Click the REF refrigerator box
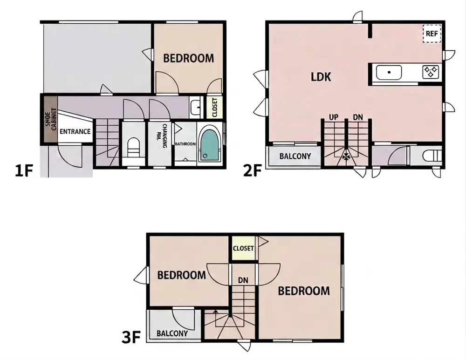432,34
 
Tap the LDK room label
321,77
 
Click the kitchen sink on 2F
389,73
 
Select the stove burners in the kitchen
431,72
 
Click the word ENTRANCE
75,131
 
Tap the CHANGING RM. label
164,136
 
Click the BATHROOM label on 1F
185,144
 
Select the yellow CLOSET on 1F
214,107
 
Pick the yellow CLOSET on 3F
243,248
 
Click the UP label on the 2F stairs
334,117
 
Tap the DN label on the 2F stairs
358,117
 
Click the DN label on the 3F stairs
243,280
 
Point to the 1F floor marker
23,171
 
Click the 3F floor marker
131,338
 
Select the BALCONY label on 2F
295,156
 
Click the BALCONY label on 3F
172,333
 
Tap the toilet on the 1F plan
133,147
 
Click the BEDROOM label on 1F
188,58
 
